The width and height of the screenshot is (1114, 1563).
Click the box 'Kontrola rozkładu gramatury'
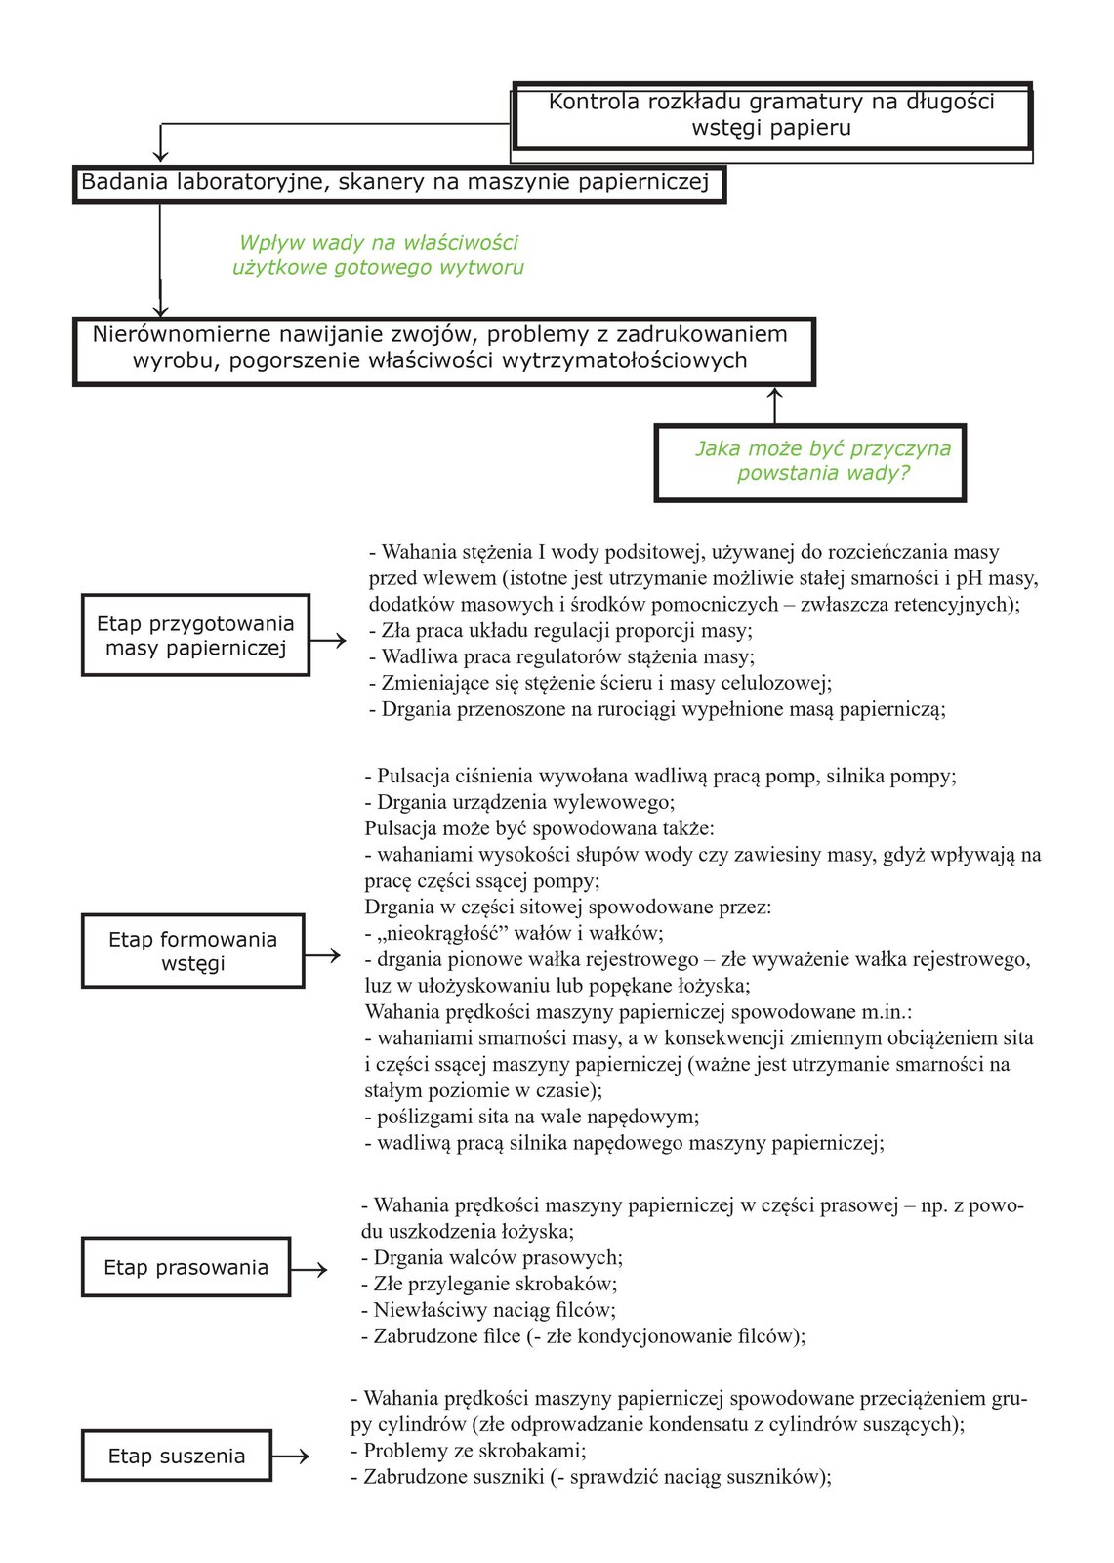coord(771,115)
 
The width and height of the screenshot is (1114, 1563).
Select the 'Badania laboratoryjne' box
coord(398,183)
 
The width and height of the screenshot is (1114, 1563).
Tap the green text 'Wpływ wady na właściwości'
coord(379,243)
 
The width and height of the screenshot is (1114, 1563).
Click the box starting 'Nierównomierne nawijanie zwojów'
coord(443,350)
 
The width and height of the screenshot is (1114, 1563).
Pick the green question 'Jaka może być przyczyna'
coord(822,449)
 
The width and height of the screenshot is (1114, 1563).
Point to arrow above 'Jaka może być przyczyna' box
coord(775,404)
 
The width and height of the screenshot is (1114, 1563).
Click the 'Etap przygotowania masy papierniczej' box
coord(195,635)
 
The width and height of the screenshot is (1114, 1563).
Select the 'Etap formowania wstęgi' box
coord(192,950)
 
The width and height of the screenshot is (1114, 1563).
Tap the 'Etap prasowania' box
coord(186,1267)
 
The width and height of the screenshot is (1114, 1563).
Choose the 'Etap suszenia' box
coord(176,1456)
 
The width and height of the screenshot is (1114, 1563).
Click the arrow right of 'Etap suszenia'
coord(291,1456)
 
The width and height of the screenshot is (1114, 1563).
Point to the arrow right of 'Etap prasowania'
coord(309,1269)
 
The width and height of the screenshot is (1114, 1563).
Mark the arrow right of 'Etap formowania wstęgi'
coord(323,954)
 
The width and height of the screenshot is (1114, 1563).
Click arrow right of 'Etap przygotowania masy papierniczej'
coord(329,640)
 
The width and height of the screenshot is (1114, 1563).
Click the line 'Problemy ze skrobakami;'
coord(468,1451)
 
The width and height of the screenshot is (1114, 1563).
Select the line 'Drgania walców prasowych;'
coord(491,1257)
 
